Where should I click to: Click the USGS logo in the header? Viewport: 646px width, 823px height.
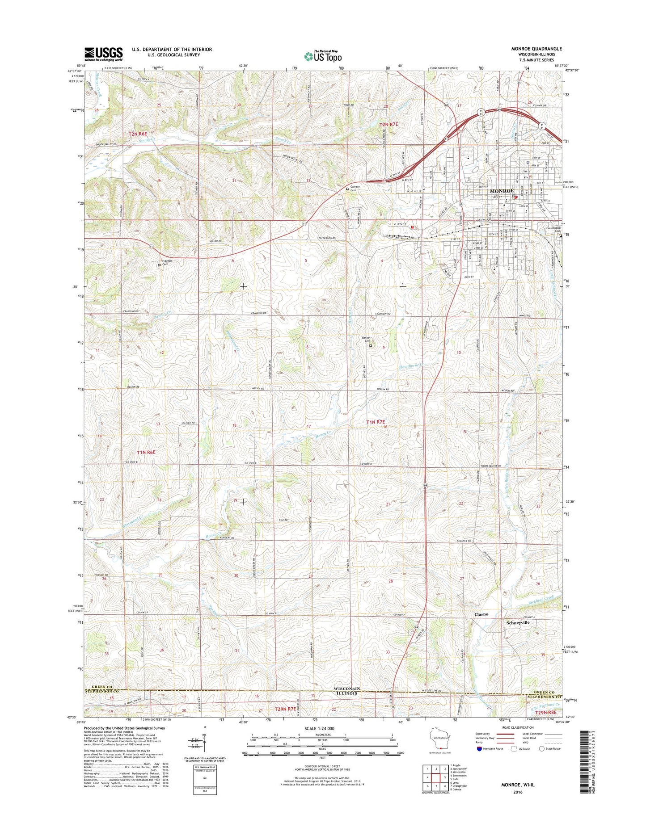click(x=103, y=54)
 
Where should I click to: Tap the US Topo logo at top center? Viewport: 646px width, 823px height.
click(x=323, y=56)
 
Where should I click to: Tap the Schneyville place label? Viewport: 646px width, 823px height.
click(x=518, y=622)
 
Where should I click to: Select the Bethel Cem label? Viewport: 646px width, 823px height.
click(x=367, y=340)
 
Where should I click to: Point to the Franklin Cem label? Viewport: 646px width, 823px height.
click(x=168, y=262)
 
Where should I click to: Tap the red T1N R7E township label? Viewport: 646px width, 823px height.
click(x=376, y=422)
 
